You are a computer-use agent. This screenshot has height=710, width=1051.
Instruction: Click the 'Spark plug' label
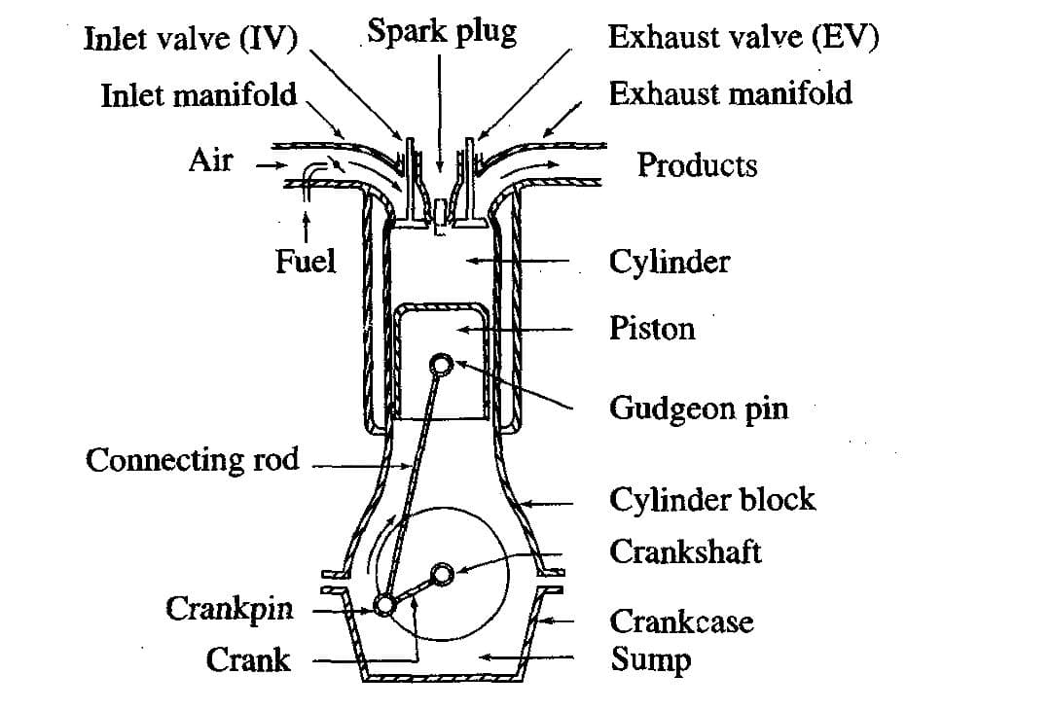tap(441, 33)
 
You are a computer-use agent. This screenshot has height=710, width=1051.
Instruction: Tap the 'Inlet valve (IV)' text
tap(191, 39)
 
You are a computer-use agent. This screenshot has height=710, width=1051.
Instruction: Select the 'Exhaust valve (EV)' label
tap(743, 37)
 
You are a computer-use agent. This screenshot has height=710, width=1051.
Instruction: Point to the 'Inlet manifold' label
tap(199, 95)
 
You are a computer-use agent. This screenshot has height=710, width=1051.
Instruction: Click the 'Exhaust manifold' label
tap(730, 93)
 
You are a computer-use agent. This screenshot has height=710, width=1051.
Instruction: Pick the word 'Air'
tap(210, 160)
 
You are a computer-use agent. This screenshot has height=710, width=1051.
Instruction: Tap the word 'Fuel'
tap(306, 261)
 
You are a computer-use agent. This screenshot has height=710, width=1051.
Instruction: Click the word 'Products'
tap(697, 165)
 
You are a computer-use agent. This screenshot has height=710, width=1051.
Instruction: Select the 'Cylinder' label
tap(670, 262)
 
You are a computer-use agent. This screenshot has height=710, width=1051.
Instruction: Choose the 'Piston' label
tap(652, 329)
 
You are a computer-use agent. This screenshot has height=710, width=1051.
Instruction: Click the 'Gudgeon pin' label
tap(699, 408)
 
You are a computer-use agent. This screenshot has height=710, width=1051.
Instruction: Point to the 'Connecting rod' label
tap(193, 459)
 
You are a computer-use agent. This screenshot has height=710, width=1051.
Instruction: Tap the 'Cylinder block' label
tap(712, 500)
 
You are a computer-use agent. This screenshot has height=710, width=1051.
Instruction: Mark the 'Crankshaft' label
tap(685, 552)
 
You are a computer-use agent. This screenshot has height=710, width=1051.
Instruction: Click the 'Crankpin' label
tap(230, 610)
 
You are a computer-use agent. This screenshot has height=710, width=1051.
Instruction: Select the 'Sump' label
tap(651, 659)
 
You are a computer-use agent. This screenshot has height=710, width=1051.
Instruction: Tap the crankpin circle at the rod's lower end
tap(384, 606)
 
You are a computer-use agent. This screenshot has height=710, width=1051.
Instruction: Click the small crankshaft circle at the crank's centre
tap(443, 574)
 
